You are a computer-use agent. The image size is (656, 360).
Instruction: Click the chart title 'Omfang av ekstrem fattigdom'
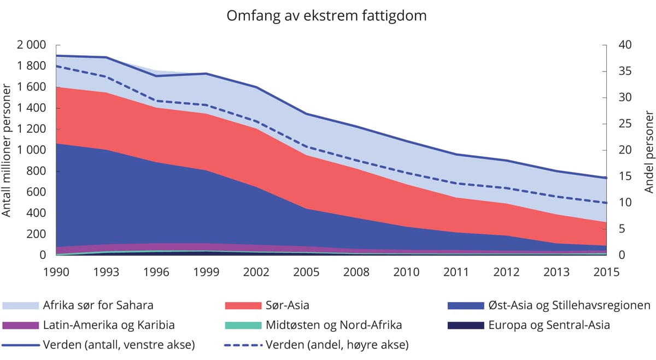326,16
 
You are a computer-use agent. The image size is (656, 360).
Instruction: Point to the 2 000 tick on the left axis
33,45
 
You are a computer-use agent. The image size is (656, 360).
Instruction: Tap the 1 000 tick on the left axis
33,150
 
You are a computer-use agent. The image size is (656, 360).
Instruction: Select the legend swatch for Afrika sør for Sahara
21,305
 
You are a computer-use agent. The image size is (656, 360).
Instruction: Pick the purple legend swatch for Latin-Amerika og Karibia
21,326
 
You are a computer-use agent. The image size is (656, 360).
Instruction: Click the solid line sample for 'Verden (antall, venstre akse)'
21,345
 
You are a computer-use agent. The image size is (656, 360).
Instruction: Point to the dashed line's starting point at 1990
56,66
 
